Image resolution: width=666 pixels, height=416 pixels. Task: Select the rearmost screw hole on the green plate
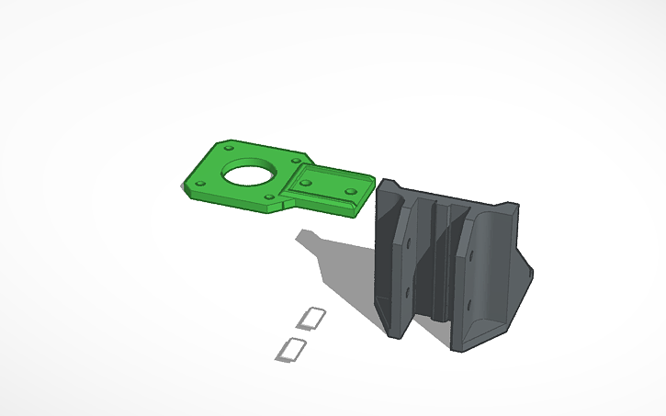229,146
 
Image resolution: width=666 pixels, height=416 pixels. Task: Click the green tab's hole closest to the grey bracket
350,193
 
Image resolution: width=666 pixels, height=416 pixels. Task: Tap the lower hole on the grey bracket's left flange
408,292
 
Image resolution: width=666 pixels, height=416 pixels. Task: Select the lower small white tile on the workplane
292,349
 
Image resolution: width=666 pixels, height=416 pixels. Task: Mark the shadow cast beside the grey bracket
340,266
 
